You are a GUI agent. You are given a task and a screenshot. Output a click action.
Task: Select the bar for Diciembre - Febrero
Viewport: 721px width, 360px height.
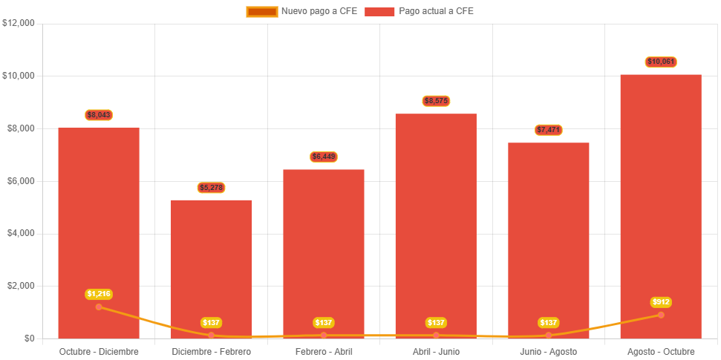212,260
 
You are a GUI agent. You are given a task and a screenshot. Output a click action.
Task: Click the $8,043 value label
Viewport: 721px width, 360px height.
99,115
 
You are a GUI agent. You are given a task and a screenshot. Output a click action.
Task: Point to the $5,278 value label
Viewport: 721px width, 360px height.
212,188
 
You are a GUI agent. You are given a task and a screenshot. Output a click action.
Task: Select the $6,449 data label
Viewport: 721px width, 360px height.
324,157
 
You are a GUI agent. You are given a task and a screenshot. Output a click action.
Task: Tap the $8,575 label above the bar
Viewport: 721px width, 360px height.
437,101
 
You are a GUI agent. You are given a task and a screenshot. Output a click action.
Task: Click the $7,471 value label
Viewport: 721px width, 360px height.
549,130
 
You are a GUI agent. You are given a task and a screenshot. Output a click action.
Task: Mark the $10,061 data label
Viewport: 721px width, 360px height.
661,62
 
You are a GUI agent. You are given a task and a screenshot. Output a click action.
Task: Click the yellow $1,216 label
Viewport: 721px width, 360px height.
99,294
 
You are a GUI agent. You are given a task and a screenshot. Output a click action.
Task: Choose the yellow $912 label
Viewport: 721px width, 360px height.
661,302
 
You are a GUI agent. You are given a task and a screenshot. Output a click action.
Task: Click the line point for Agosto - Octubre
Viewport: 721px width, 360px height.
661,315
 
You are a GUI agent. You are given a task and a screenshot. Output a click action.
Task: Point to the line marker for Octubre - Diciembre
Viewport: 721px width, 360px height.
99,307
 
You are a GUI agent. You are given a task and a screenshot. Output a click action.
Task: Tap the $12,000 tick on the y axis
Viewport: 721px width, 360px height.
19,23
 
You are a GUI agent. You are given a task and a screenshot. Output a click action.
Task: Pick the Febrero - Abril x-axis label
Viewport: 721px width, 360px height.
324,351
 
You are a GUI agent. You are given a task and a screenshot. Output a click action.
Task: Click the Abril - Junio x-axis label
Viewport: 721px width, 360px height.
437,351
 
